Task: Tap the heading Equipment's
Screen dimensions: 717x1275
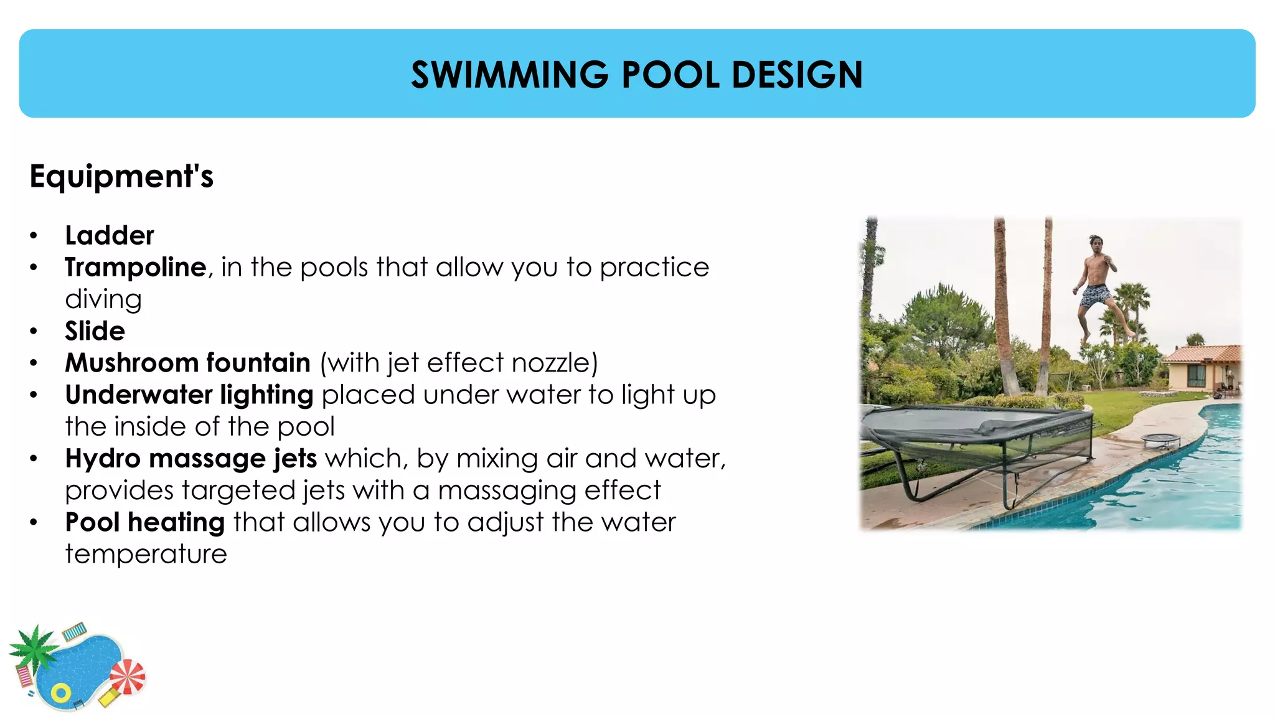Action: coord(121,176)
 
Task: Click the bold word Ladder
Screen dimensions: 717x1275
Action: coord(110,236)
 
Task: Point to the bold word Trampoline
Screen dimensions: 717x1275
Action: coord(136,268)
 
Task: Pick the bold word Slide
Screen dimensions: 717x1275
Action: coord(95,331)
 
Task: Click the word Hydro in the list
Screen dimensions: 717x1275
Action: coord(103,459)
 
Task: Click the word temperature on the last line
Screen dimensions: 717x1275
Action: coord(146,554)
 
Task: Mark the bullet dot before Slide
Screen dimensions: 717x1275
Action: coord(34,331)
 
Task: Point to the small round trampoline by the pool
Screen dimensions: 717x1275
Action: coord(1160,439)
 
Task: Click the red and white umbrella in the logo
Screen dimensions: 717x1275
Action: coord(128,677)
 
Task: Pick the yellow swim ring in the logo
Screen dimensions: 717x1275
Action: coord(60,693)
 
